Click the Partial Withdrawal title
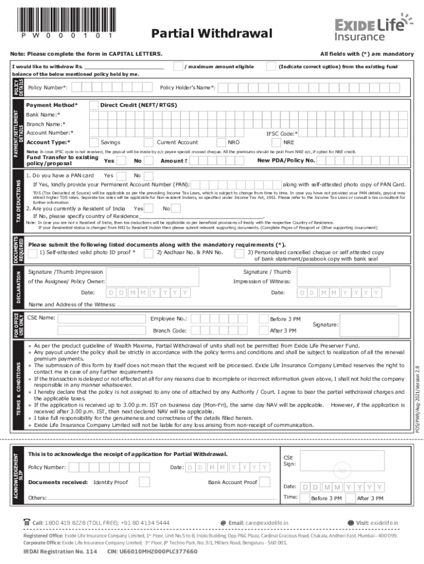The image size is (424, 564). tap(212, 34)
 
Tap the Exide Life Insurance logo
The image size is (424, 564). tap(373, 29)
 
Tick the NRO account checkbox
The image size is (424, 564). tap(222, 142)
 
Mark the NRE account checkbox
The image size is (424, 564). tap(278, 142)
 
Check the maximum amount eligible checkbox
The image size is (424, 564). tap(178, 67)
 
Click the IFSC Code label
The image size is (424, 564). tap(282, 133)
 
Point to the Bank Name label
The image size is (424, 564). tap(44, 115)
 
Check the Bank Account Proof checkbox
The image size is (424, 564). tap(265, 467)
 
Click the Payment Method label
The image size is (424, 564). tap(52, 105)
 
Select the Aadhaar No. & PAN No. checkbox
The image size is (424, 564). tap(150, 253)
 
